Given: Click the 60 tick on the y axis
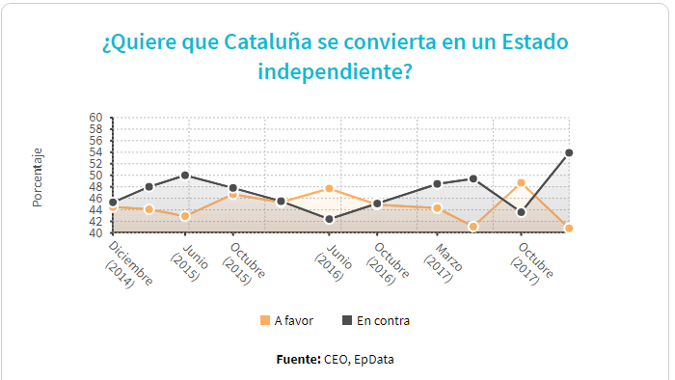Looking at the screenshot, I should (x=95, y=118).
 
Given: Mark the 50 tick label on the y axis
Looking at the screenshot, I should (x=95, y=176).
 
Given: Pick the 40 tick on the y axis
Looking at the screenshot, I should (x=95, y=233).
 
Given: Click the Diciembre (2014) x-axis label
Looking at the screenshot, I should (x=128, y=264).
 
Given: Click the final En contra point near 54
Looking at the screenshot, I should (x=569, y=152).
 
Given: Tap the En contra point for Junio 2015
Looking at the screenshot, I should (x=185, y=176).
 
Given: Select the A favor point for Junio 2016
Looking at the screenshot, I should (x=329, y=188).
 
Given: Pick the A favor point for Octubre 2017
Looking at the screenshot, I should (x=521, y=182).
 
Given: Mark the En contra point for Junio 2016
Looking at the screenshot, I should (x=329, y=219).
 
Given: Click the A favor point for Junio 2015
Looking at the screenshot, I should (x=185, y=216).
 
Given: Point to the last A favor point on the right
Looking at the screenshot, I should (x=569, y=229).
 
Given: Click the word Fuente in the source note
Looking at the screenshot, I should (x=297, y=360).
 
